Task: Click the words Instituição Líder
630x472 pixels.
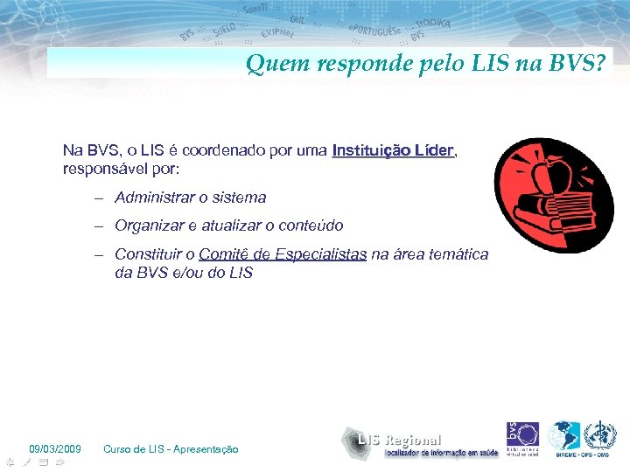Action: [x=394, y=150]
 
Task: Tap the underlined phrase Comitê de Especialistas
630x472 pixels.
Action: [x=283, y=254]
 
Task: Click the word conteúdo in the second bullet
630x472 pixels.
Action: [x=311, y=226]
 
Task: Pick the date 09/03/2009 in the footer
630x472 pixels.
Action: [x=55, y=449]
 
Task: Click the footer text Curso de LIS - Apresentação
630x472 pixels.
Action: [x=171, y=449]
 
